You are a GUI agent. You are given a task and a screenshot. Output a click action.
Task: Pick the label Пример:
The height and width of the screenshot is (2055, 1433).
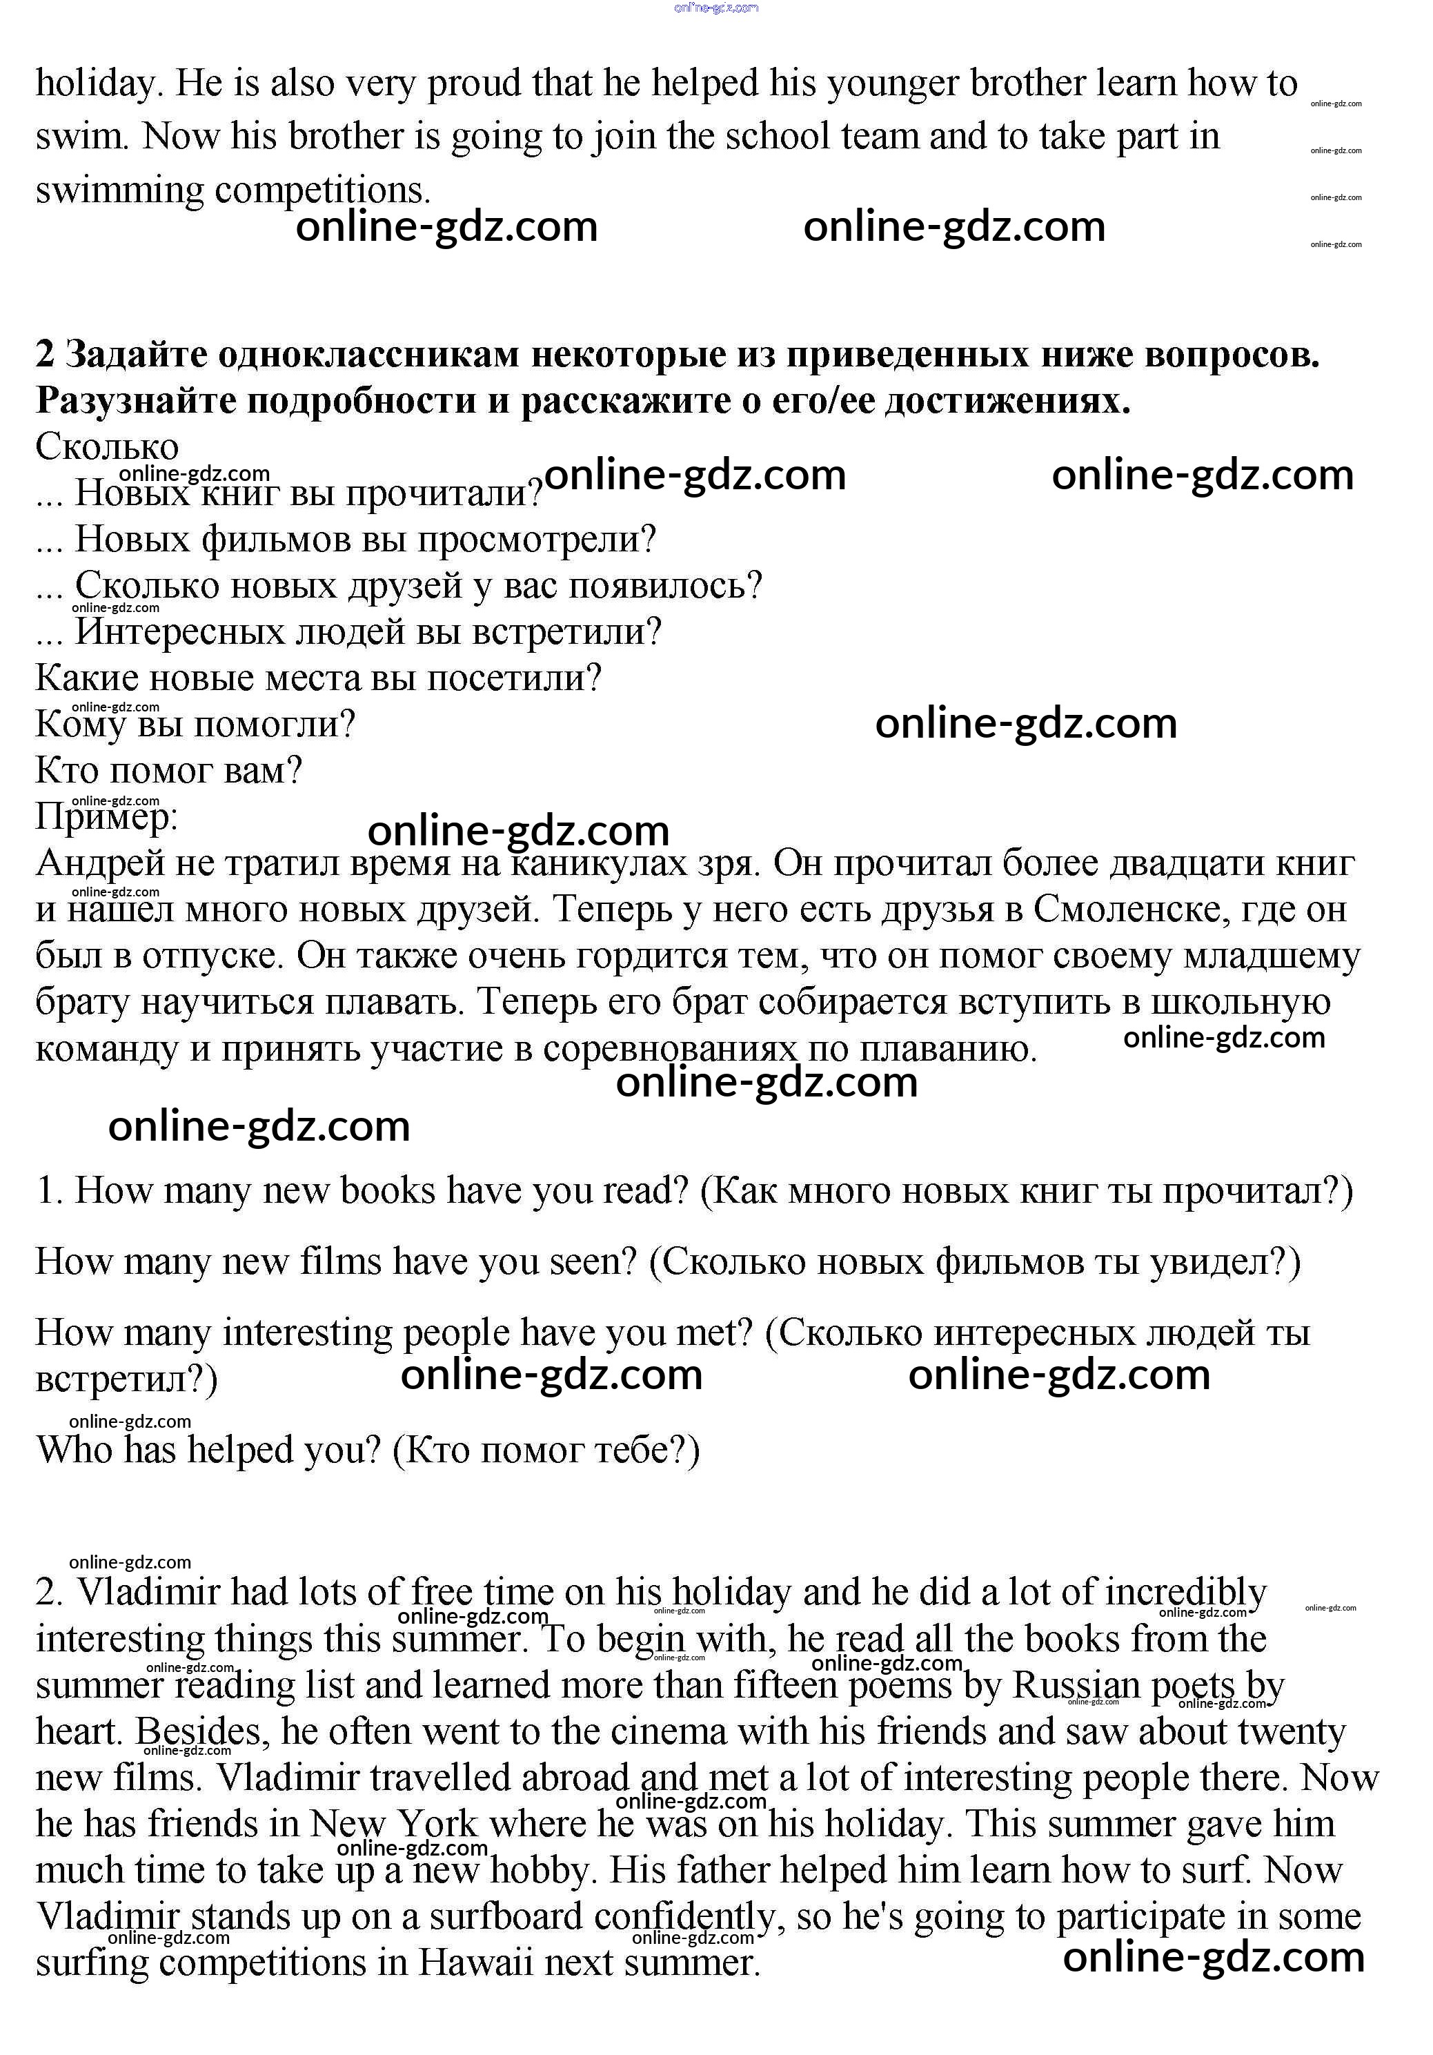point(106,816)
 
